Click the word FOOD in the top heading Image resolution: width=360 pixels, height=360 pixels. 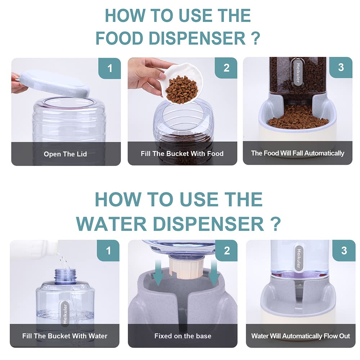[119, 38]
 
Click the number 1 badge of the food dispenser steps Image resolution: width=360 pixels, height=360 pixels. [109, 68]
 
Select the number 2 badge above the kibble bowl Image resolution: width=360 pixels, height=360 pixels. [226, 68]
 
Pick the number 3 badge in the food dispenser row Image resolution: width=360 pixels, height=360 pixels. [341, 68]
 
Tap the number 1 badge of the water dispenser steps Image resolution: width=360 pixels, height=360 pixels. [108, 251]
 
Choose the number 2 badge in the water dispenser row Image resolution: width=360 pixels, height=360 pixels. [226, 251]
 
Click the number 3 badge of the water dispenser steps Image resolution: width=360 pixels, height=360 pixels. [344, 251]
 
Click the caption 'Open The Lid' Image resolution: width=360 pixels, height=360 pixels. [66, 154]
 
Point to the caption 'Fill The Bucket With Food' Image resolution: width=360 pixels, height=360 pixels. [182, 153]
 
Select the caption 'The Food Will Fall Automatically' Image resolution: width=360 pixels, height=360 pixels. [298, 153]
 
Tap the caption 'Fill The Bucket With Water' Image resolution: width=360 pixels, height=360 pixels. [65, 336]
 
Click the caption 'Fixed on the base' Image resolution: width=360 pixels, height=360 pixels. [183, 336]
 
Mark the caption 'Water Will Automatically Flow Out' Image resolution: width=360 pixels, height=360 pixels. [301, 336]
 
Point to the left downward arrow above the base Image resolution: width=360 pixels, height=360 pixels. [158, 273]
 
